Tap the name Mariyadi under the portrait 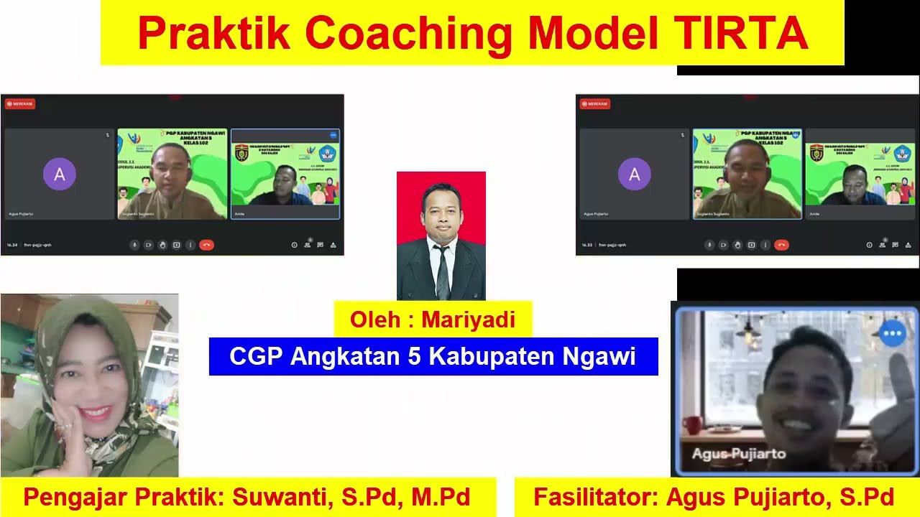click(468, 320)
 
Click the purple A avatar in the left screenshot click(60, 174)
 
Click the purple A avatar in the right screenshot click(635, 174)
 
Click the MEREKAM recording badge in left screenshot click(20, 104)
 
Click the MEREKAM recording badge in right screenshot click(595, 104)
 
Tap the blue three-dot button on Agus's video click(892, 334)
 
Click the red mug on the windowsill click(691, 425)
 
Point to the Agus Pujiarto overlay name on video click(738, 454)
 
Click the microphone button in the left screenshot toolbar click(134, 245)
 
